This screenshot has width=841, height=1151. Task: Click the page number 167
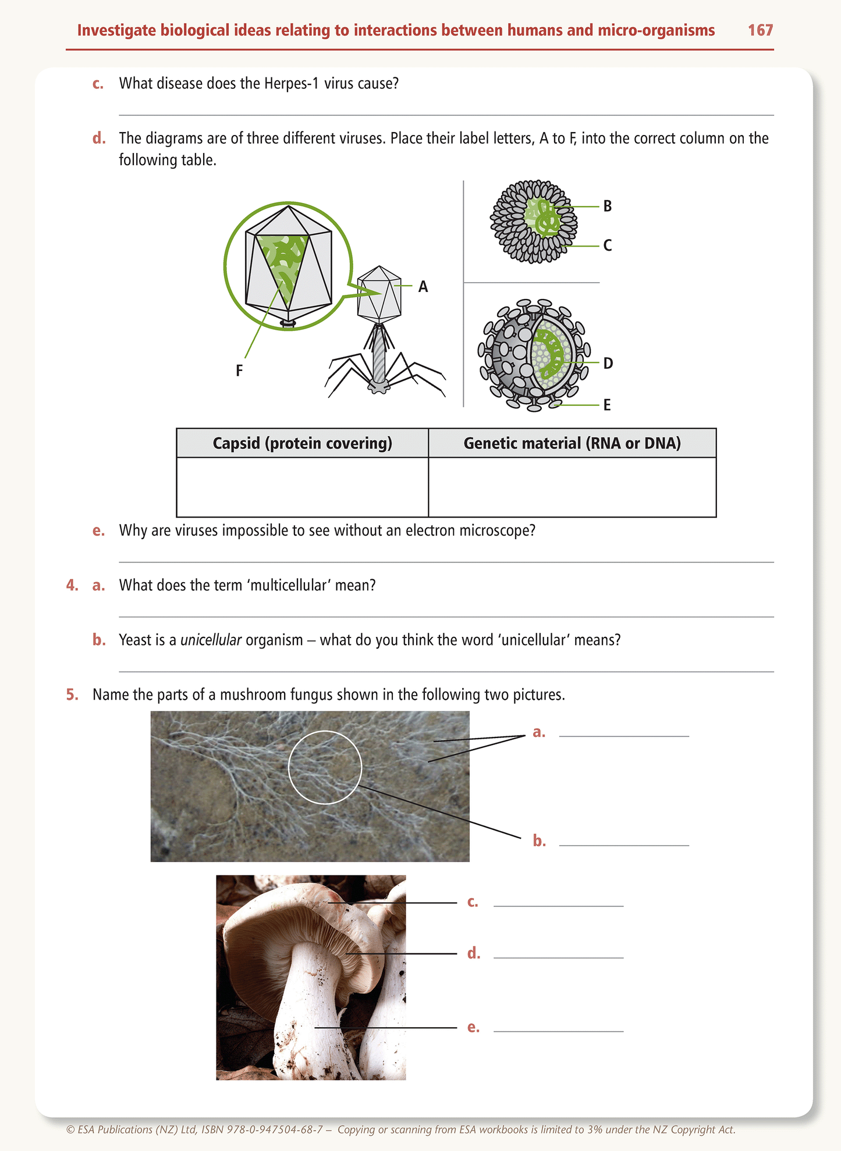coord(760,30)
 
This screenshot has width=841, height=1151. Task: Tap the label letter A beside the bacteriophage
coord(423,287)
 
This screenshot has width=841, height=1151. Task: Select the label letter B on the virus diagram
coord(607,206)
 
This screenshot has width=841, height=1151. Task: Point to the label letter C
coord(607,245)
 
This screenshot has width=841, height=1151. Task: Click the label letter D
coord(608,364)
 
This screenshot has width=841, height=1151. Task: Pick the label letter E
coord(607,405)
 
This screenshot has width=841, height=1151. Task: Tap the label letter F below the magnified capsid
coord(239,370)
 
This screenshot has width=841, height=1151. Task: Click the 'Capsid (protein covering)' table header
coord(302,443)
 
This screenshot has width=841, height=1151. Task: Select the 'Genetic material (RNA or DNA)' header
coord(572,443)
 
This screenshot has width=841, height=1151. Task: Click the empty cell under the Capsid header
coord(302,487)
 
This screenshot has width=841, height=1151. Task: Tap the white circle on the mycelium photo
coord(325,768)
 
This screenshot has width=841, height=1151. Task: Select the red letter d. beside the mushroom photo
coord(474,953)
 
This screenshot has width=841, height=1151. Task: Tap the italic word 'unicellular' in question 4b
coord(211,640)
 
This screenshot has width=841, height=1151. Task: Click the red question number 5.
coord(72,695)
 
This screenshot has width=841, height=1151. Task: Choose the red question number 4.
coord(72,585)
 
